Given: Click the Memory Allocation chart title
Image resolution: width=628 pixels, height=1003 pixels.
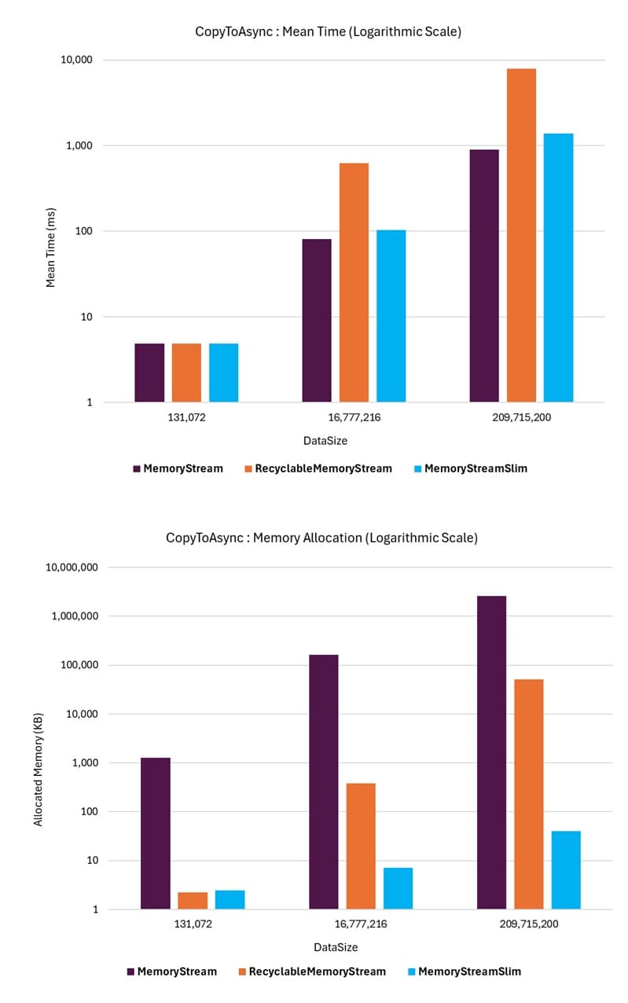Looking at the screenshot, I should (x=321, y=538).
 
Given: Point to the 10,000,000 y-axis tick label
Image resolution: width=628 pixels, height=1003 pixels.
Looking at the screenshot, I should (x=68, y=568).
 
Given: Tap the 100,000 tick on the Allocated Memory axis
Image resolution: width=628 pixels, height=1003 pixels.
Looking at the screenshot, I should (x=75, y=665).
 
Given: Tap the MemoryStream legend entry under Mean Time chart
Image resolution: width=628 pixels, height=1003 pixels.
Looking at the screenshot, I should (x=178, y=468).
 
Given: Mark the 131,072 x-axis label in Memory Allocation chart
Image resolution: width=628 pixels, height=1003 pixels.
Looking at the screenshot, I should (x=193, y=924).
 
